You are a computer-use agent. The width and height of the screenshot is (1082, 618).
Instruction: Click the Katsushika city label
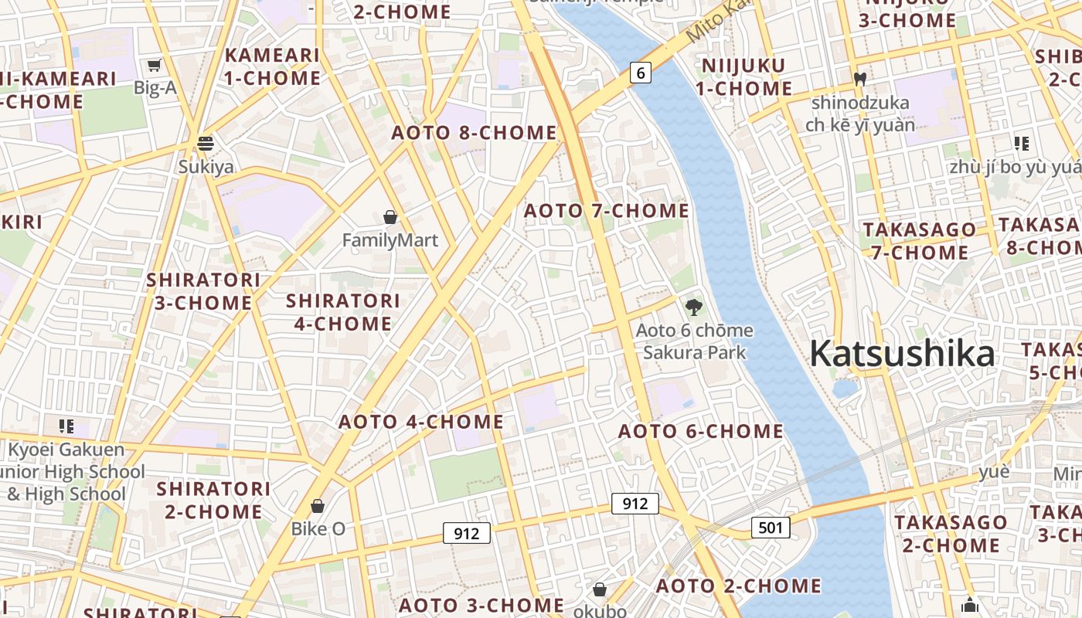tap(902, 354)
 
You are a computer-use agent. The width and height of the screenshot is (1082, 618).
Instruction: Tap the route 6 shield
tap(640, 73)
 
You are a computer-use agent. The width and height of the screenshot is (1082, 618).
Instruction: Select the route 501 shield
tap(771, 528)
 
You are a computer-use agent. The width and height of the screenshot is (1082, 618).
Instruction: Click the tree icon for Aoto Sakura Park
tap(694, 307)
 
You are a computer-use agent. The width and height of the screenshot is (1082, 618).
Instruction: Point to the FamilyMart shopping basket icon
tap(390, 217)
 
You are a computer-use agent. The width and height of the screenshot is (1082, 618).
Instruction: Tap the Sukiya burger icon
tap(206, 143)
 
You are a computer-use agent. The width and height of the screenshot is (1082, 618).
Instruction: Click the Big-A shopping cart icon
tap(155, 65)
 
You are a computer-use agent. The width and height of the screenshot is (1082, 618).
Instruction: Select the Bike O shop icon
tap(318, 506)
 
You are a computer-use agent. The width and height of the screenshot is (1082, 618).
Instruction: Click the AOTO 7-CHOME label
tap(607, 211)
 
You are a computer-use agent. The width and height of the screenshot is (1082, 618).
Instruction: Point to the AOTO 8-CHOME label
tap(474, 133)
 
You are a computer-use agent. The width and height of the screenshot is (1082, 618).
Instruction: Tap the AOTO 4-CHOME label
tap(421, 422)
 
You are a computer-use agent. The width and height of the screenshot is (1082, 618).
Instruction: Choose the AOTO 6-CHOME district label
tap(701, 431)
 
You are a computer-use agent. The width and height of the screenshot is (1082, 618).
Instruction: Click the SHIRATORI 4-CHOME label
tap(343, 312)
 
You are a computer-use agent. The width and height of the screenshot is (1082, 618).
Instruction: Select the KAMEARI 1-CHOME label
tap(272, 66)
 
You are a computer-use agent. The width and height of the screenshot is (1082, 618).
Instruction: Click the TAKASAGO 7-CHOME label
tap(920, 241)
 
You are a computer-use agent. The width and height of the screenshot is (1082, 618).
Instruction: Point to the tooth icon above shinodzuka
tap(859, 79)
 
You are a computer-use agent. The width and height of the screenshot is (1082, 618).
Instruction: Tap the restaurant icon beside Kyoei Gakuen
tap(66, 426)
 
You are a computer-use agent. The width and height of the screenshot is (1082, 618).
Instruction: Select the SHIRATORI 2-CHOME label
tap(214, 500)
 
